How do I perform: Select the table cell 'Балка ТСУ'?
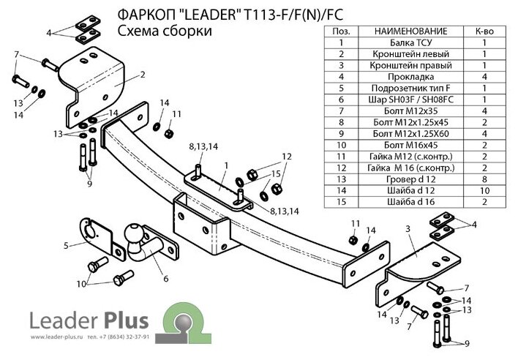click(410, 42)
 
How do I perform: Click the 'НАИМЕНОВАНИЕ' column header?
click(410, 31)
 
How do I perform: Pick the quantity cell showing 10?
click(484, 190)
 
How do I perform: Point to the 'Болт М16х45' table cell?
click(410, 145)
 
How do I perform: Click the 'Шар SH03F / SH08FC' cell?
click(410, 100)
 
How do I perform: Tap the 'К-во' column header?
click(484, 31)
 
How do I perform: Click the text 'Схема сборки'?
click(165, 31)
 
